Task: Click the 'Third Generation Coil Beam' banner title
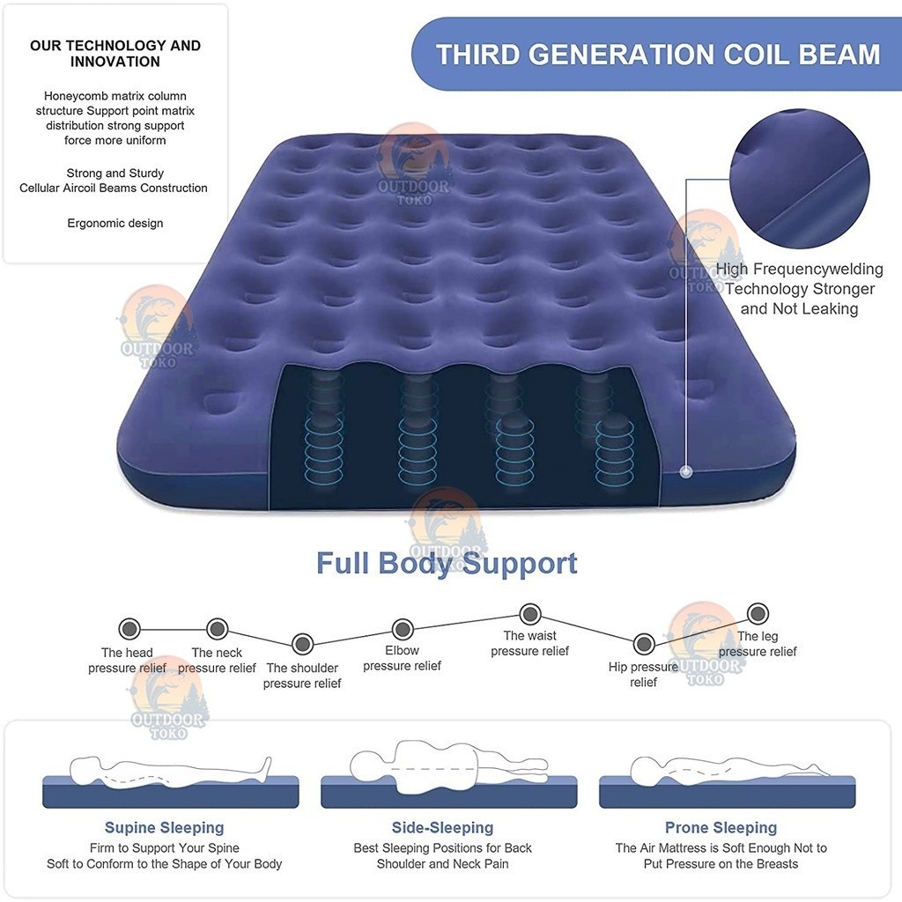(658, 55)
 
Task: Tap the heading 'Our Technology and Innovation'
(115, 54)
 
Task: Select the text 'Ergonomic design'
(115, 223)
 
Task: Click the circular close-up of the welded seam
(800, 180)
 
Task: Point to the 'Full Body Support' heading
(447, 563)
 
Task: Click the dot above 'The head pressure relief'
(129, 629)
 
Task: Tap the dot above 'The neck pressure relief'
(217, 629)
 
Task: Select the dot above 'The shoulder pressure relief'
(303, 644)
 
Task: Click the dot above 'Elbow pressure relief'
(403, 629)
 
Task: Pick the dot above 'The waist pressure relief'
(529, 614)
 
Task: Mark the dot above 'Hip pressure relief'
(644, 644)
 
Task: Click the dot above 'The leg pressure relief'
(758, 613)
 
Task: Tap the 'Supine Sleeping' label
(164, 828)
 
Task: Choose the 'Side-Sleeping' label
(442, 828)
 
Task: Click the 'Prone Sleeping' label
(721, 828)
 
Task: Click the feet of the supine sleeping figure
(266, 765)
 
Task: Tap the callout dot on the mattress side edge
(685, 472)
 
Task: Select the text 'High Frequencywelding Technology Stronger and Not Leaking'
(800, 289)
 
